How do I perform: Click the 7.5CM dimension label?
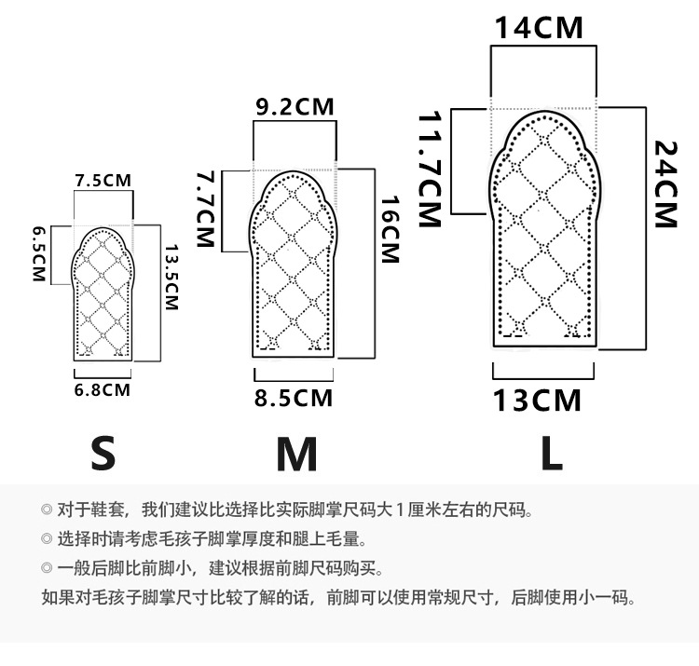[x=104, y=180]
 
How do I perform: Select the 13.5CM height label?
[x=171, y=279]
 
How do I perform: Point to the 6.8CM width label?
[x=102, y=389]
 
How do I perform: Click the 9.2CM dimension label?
[x=295, y=107]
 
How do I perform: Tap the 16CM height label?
[x=389, y=229]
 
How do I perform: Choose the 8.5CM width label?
[x=294, y=399]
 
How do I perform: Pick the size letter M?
[x=297, y=455]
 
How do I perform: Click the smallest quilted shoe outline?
[x=104, y=293]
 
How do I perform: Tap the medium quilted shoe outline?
[x=294, y=265]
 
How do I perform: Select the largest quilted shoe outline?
[x=541, y=228]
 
